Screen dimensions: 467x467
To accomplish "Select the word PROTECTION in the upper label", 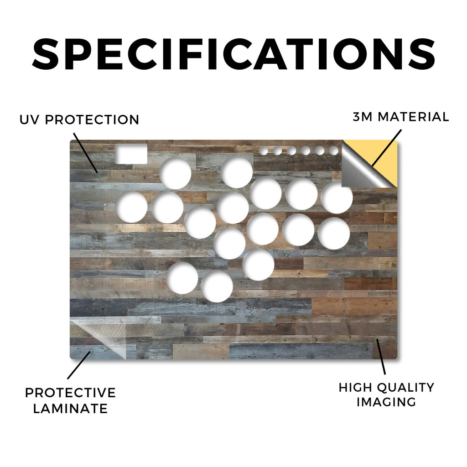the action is pyautogui.click(x=92, y=120).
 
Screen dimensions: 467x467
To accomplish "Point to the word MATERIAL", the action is pyautogui.click(x=413, y=117).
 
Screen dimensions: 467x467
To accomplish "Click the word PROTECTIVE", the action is pyautogui.click(x=70, y=393).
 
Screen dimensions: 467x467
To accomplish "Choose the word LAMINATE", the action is pyautogui.click(x=70, y=408).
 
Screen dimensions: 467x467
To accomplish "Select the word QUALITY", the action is pyautogui.click(x=405, y=388).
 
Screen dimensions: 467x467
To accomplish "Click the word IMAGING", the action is pyautogui.click(x=386, y=402).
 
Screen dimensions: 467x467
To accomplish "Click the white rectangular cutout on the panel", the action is pyautogui.click(x=131, y=154).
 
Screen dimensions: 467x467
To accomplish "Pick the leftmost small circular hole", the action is pyautogui.click(x=263, y=150).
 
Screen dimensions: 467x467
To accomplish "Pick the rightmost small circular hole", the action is pyautogui.click(x=334, y=150).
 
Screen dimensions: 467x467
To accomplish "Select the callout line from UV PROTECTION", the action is pyautogui.click(x=85, y=153).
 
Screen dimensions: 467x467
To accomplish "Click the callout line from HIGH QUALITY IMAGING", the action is pyautogui.click(x=381, y=357).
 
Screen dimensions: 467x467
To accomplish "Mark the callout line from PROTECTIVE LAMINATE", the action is pyautogui.click(x=79, y=365).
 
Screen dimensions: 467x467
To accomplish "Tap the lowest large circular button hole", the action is pyautogui.click(x=217, y=286).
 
